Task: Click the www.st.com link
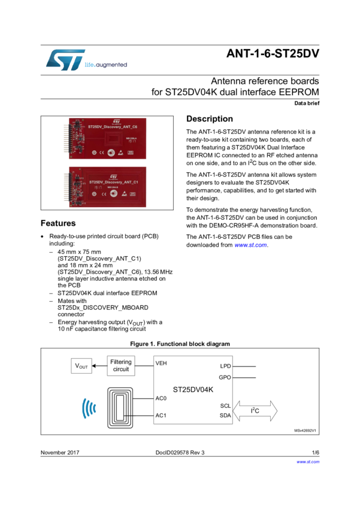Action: point(250,245)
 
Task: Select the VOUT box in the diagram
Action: point(81,365)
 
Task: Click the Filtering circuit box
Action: point(122,365)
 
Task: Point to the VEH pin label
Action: point(161,362)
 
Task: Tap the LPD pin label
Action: point(225,365)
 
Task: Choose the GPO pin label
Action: point(225,378)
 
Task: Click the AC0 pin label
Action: point(161,398)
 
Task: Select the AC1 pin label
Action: point(161,416)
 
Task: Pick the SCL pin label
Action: point(225,405)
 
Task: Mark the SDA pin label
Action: point(225,415)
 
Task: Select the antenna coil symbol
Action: point(122,407)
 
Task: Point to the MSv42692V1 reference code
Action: point(305,430)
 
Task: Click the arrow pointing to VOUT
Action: point(100,365)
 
